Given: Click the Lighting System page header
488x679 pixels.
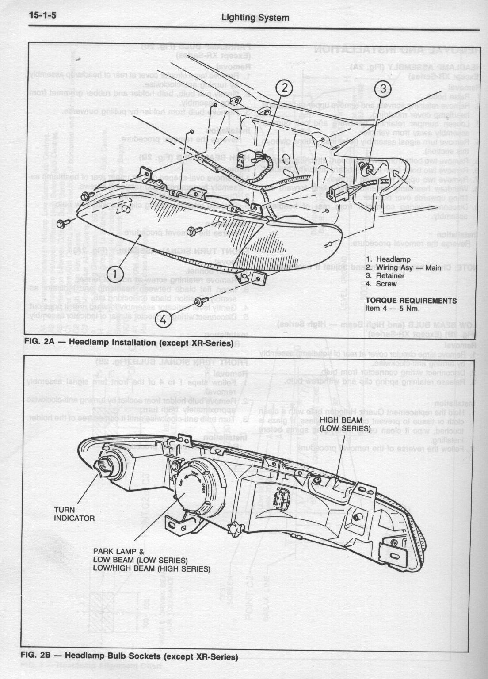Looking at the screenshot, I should point(255,18).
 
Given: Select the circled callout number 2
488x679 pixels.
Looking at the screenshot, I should point(285,88).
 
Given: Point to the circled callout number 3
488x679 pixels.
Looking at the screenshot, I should point(383,88).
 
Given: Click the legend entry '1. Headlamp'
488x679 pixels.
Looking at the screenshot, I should point(388,259).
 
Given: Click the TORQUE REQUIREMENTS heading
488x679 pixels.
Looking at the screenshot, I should point(411,301).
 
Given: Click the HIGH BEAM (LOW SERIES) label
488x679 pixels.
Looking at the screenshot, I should point(345,424).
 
